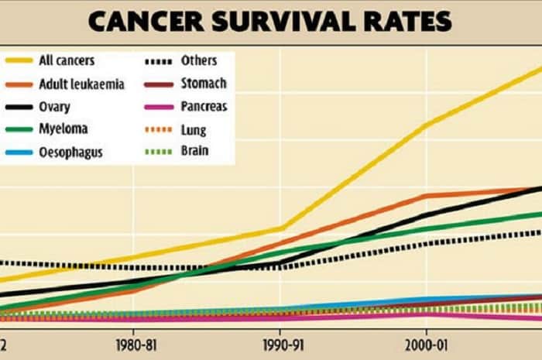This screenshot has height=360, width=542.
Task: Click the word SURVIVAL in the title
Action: coord(277,21)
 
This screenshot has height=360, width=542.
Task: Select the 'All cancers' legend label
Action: coord(67,60)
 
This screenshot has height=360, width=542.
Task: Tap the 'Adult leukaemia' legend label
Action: coord(81,84)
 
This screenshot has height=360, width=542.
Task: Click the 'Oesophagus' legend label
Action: coord(70,152)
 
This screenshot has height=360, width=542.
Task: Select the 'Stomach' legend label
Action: coord(204,83)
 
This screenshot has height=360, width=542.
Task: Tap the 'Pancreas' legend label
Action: coord(204,106)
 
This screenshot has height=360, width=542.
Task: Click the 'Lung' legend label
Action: coord(193,129)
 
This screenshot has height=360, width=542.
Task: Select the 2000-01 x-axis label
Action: coord(425,342)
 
